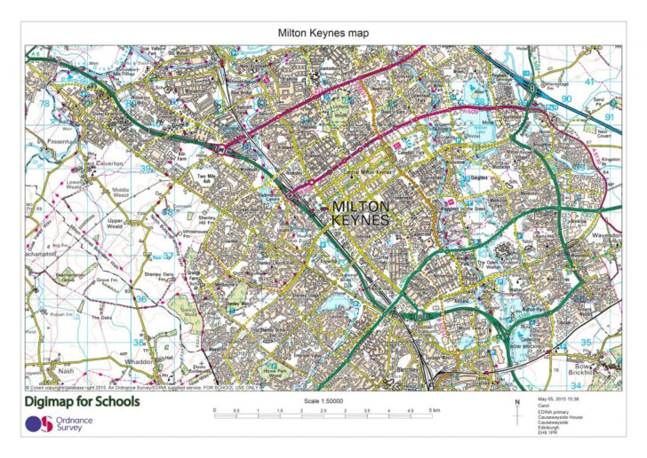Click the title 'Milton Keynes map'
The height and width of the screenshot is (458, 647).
[x=323, y=33]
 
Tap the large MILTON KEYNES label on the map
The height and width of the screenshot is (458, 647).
[x=360, y=212]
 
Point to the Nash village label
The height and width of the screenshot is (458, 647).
[x=64, y=370]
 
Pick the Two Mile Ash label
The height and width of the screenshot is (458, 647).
[x=206, y=178]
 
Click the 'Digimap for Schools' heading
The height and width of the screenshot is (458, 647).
[x=83, y=402]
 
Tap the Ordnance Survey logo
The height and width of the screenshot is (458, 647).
[x=58, y=424]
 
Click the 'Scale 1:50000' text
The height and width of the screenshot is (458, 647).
[x=323, y=400]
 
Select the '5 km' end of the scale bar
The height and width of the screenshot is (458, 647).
[x=434, y=411]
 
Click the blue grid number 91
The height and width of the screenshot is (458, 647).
[x=610, y=116]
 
